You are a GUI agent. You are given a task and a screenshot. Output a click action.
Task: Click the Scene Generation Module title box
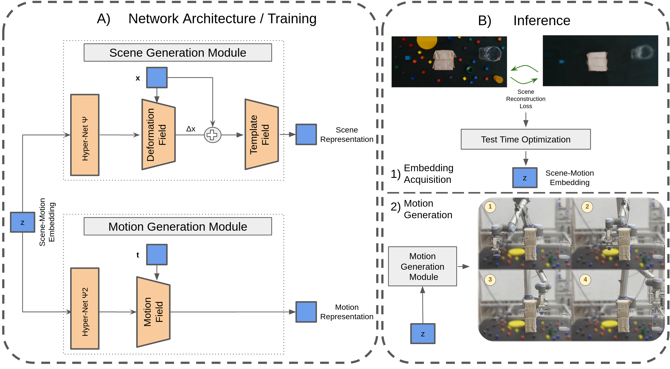[178, 53]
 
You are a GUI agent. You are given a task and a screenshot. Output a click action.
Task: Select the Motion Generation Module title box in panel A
[178, 226]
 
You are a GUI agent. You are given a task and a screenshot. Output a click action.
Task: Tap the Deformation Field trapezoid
[158, 134]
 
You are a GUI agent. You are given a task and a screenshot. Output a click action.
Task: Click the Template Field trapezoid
[262, 134]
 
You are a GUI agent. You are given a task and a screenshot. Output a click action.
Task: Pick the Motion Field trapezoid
[153, 312]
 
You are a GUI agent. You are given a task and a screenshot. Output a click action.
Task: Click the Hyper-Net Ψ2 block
[85, 308]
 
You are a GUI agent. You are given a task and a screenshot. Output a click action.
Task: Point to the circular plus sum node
[212, 135]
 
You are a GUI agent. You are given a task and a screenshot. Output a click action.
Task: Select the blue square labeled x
[157, 77]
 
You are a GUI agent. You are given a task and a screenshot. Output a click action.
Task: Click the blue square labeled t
[157, 254]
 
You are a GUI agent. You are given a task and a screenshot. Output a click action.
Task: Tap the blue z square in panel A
[23, 222]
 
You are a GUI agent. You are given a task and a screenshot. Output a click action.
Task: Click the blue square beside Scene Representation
[306, 134]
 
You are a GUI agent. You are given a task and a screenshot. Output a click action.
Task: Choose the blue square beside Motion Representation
[306, 312]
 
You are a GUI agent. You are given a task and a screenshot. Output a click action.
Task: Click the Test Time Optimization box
[526, 139]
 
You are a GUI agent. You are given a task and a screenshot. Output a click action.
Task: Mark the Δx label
[191, 129]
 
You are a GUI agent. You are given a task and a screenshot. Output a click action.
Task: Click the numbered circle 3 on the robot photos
[490, 279]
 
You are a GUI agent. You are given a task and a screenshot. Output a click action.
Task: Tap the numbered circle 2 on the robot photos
[587, 207]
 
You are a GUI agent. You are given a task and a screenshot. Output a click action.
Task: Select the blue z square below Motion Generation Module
[423, 334]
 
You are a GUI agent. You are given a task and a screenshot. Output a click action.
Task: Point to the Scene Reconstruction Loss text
[526, 99]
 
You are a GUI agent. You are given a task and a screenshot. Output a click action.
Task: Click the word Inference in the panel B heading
[542, 20]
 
